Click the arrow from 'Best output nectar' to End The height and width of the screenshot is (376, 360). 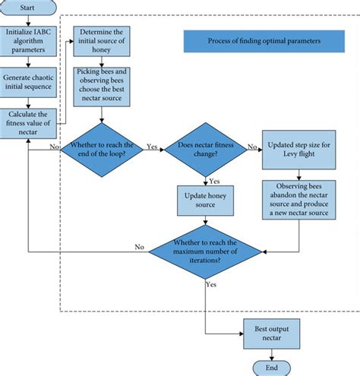[x=271, y=351]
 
